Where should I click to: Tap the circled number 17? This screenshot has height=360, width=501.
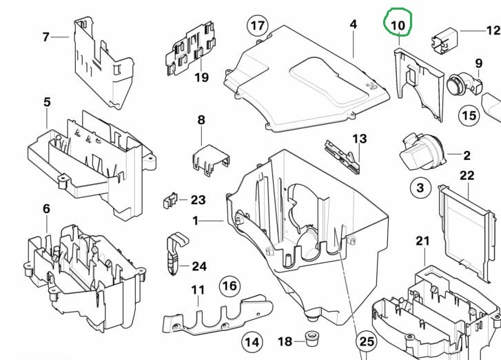[x=258, y=25]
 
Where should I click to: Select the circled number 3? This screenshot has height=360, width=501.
[x=420, y=188]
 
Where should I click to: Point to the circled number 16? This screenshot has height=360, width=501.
[x=229, y=286]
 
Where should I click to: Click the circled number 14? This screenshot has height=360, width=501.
[x=252, y=342]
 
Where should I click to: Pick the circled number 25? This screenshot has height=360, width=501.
[x=367, y=341]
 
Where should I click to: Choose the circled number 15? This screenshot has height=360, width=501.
[x=469, y=115]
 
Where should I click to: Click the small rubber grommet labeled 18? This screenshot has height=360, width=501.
[x=309, y=340]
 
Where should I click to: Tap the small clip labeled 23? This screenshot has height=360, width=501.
[x=170, y=201]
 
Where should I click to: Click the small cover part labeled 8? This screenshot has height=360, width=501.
[x=211, y=159]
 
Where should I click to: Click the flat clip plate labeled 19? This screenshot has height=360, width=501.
[x=190, y=48]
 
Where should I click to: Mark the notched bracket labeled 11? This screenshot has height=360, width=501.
[x=218, y=315]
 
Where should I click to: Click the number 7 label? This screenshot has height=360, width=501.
[x=46, y=37]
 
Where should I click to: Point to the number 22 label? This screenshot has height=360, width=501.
[x=467, y=176]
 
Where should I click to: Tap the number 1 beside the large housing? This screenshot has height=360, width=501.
[x=196, y=221]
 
